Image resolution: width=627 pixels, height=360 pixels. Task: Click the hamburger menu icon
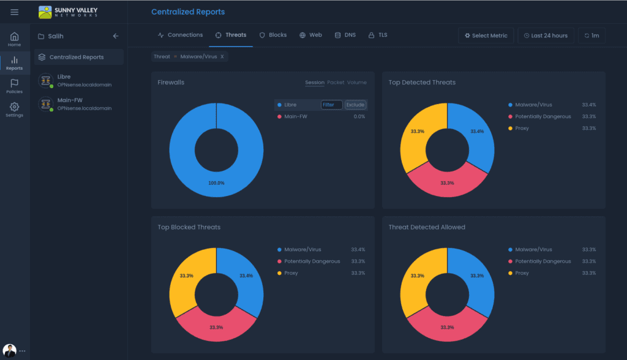[x=15, y=12]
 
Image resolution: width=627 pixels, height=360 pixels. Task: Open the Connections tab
[x=181, y=35]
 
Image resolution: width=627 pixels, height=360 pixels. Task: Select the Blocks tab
[x=273, y=35]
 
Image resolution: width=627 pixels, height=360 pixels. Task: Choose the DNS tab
[x=345, y=35]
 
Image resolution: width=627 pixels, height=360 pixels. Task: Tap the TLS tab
[x=377, y=35]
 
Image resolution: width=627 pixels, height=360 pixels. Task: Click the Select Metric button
[x=486, y=36]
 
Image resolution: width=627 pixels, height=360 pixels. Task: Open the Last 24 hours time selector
[x=546, y=36]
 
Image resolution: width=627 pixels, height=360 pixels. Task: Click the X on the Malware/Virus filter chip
[x=222, y=56]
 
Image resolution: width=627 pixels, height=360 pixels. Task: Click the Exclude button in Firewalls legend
[x=355, y=105]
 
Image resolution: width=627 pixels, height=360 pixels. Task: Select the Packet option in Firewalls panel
[x=336, y=83]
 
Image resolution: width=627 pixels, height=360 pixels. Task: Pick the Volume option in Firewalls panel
[x=357, y=83]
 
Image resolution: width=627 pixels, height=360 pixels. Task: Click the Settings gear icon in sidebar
[x=15, y=107]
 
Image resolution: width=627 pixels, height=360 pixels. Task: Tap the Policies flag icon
[x=15, y=83]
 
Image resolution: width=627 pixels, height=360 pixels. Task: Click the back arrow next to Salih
[x=116, y=36]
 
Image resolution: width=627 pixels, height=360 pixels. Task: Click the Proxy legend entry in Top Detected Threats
[x=522, y=128]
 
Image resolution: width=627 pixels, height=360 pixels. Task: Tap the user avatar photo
[x=9, y=351]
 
